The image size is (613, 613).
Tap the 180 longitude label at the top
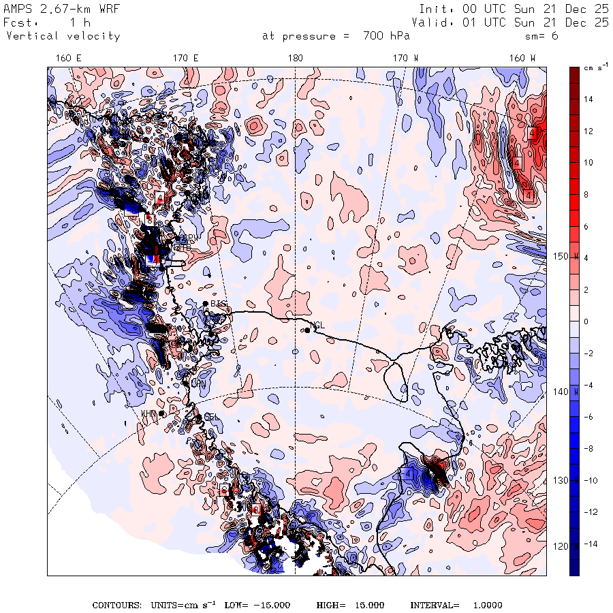click(x=295, y=59)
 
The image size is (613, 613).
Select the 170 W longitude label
click(x=406, y=59)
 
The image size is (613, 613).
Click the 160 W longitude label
click(x=523, y=59)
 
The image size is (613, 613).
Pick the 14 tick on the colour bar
click(x=588, y=99)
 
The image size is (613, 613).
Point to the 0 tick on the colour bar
click(x=586, y=321)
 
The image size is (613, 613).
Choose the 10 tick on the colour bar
click(x=588, y=162)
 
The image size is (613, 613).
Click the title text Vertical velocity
click(x=63, y=36)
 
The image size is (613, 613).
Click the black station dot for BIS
click(x=205, y=303)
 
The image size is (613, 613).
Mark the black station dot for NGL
click(x=307, y=330)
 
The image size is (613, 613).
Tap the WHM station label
click(x=149, y=413)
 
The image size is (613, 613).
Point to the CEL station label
click(x=212, y=418)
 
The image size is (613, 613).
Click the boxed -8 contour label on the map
click(x=148, y=219)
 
